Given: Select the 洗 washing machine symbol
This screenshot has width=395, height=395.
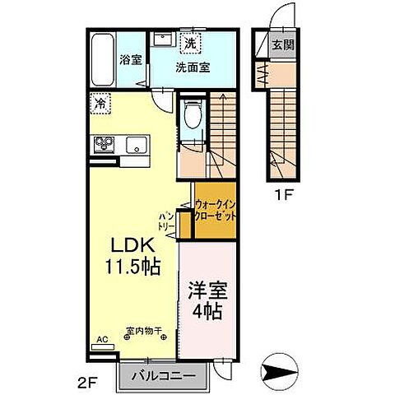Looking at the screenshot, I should pos(190,43).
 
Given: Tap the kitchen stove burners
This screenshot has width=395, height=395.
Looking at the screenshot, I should pos(104,146).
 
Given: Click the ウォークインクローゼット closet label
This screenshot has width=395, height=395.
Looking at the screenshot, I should pos(216,209).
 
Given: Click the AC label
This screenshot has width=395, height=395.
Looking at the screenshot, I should pos(102,338).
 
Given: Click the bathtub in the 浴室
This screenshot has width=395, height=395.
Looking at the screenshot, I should pos(102,59).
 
